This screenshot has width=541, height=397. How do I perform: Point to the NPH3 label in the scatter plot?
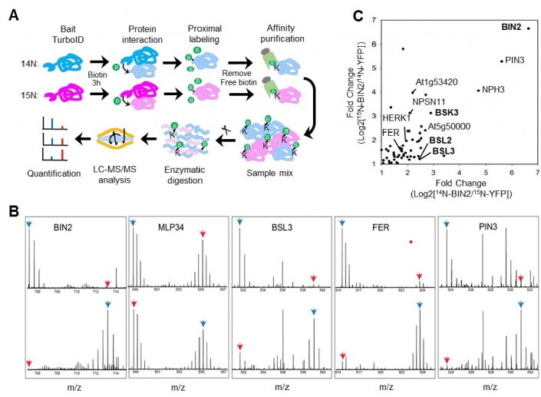(494, 89)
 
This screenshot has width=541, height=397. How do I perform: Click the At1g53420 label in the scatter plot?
(437, 81)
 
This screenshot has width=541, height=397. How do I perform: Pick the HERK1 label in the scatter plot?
(396, 117)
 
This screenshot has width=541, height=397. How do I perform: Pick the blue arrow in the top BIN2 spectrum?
(28, 223)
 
